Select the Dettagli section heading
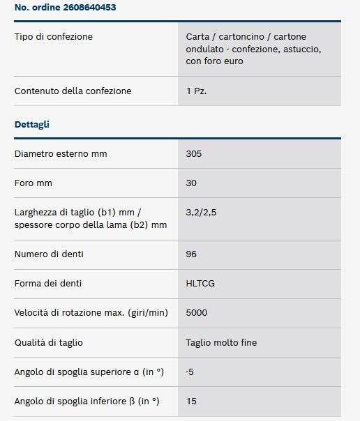(x=32, y=124)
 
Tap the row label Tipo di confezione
(x=53, y=36)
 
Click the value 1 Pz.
(x=196, y=91)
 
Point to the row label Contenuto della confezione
(x=73, y=91)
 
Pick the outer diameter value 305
(x=194, y=153)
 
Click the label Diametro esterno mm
(x=61, y=153)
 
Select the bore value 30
(x=192, y=183)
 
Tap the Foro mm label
(x=33, y=183)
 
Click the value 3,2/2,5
(x=201, y=211)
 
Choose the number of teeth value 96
(x=192, y=254)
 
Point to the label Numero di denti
(x=50, y=254)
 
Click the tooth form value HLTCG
(x=200, y=284)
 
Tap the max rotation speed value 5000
(x=197, y=313)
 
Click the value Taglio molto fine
(x=222, y=342)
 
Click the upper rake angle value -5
(x=190, y=372)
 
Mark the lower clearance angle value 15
(x=191, y=401)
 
